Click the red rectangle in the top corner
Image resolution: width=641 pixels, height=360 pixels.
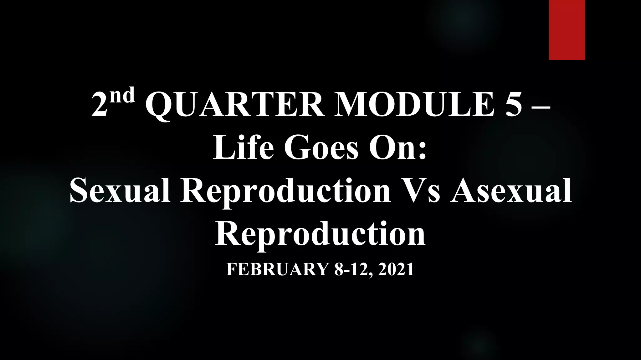pyautogui.click(x=567, y=30)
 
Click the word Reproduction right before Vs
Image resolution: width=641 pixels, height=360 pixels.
pyautogui.click(x=285, y=191)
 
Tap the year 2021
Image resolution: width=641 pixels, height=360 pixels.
pyautogui.click(x=396, y=269)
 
